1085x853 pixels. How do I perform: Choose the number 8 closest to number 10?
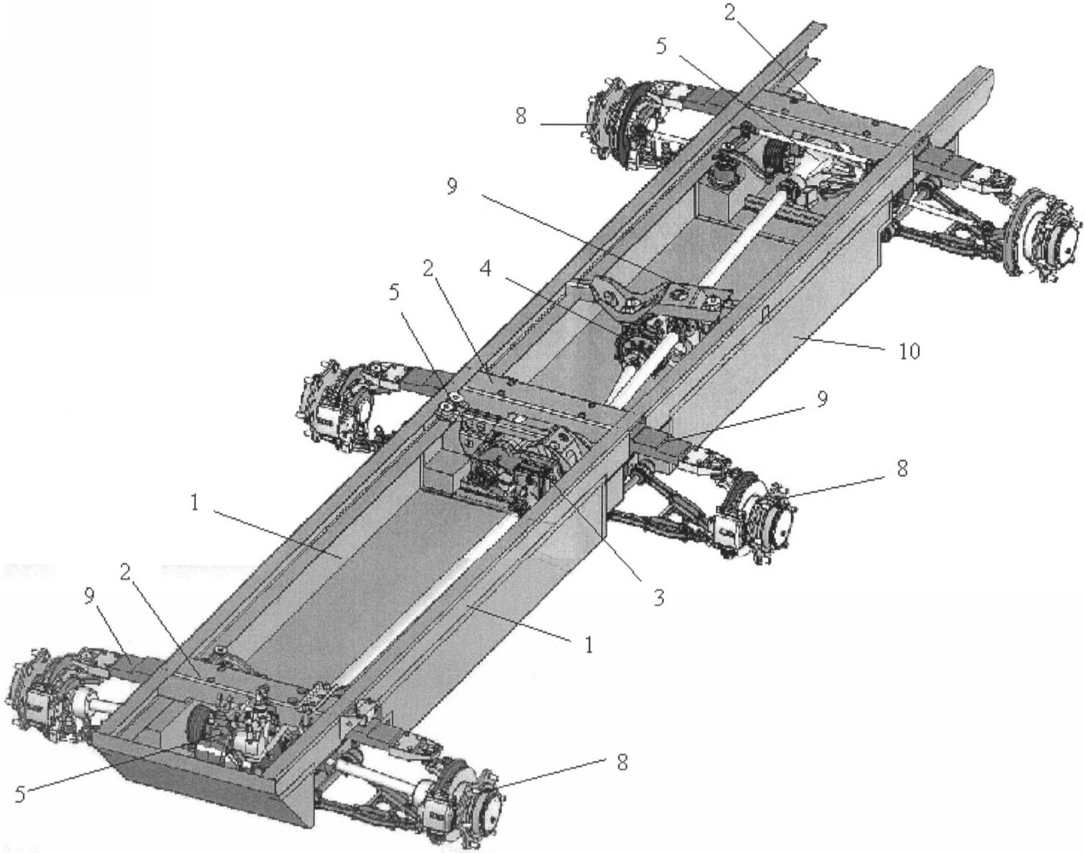click(901, 468)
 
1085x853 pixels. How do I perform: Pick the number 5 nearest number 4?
click(393, 292)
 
